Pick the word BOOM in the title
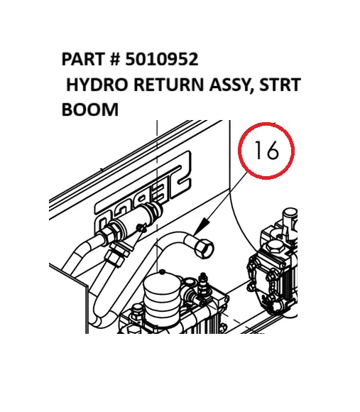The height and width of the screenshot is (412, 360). pyautogui.click(x=89, y=111)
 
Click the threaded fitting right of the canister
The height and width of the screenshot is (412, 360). pyautogui.click(x=199, y=287)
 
